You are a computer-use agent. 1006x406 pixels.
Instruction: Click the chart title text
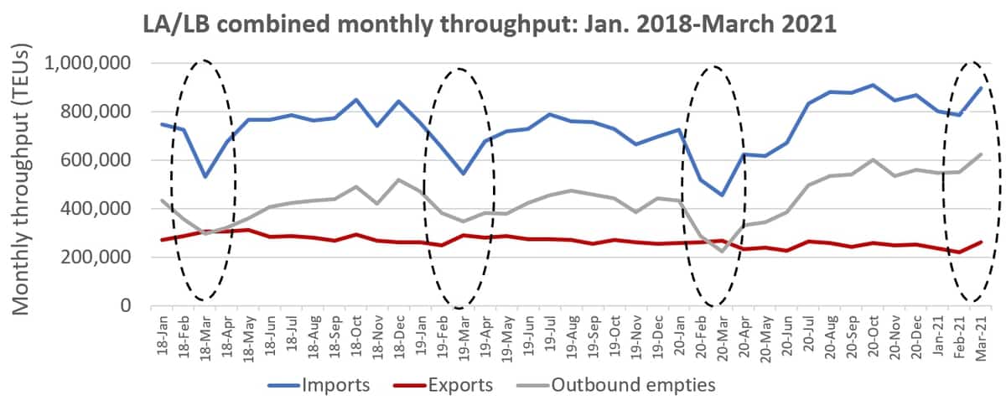coord(490,23)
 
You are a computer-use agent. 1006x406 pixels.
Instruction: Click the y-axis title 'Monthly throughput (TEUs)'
coord(20,179)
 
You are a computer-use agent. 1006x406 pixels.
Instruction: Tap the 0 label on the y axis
coord(127,305)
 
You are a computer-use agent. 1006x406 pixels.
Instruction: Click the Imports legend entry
coord(319,385)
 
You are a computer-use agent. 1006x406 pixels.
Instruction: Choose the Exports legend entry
coord(443,385)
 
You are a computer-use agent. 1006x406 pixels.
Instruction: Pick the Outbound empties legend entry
coord(615,385)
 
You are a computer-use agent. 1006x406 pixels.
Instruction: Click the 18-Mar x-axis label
coord(205,338)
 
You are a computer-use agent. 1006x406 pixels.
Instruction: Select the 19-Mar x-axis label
coord(464,338)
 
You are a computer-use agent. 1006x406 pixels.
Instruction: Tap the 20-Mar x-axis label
coord(722,338)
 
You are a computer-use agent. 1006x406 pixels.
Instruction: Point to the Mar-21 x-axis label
coord(981,338)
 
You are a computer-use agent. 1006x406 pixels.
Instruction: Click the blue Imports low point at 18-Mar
coord(205,177)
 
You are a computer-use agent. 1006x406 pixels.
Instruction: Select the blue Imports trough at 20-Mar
coord(722,195)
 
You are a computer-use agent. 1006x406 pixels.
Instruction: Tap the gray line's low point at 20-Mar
coord(722,252)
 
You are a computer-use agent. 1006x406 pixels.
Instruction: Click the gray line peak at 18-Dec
coord(399,180)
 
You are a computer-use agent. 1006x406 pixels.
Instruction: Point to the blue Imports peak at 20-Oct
coord(873,85)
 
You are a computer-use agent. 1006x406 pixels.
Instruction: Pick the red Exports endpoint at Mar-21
coord(981,242)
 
